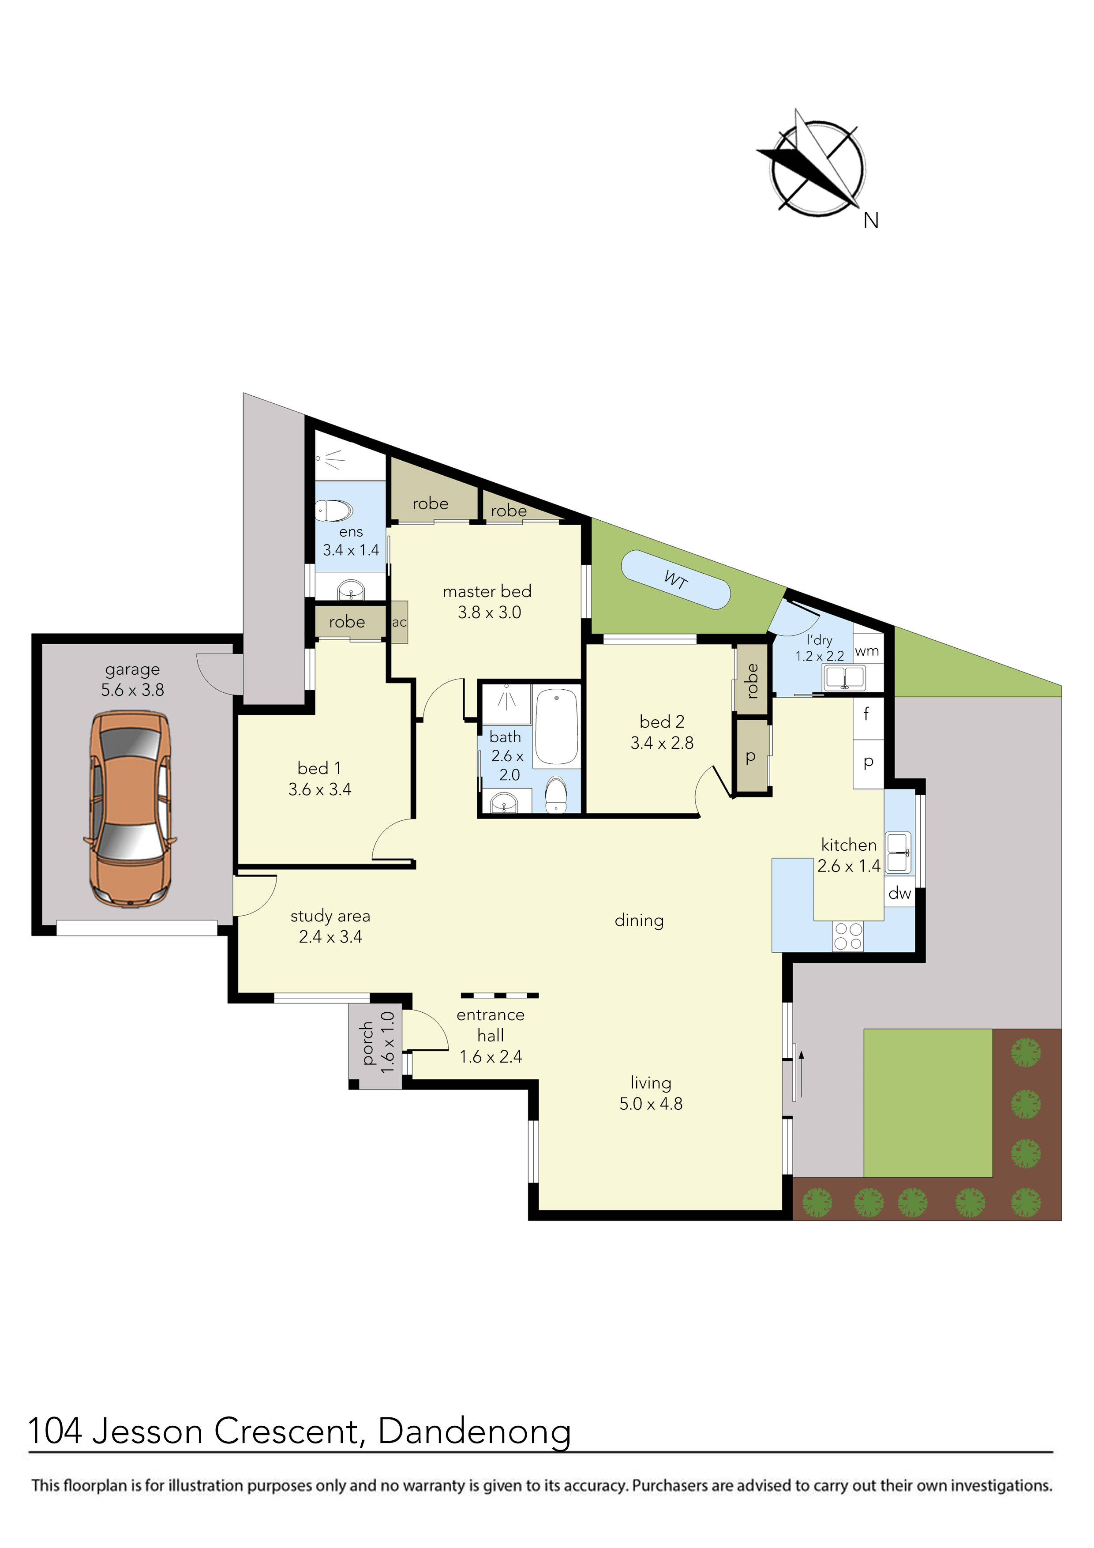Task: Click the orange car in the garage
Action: [130, 808]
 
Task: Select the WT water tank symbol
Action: [675, 579]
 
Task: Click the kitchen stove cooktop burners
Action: [848, 936]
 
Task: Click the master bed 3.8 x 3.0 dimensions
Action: [489, 612]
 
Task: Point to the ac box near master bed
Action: [399, 622]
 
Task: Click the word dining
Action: [639, 921]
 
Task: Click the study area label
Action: [330, 916]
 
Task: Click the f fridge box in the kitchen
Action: [868, 715]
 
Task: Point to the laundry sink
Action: [844, 677]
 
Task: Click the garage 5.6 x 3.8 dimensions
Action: [133, 690]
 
